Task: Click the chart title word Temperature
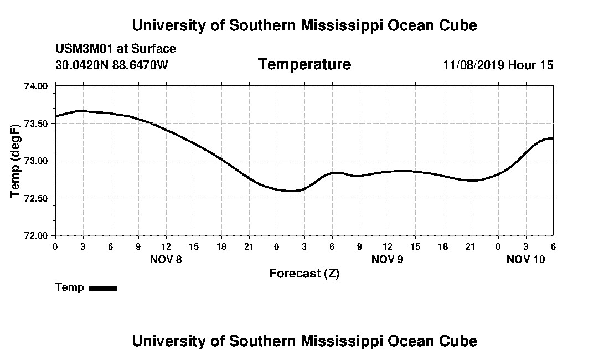pos(304,65)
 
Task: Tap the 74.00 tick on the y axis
pos(37,86)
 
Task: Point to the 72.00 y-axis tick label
pos(37,235)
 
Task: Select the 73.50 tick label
pos(37,124)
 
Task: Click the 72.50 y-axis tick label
pos(37,198)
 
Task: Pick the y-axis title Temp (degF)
pos(16,161)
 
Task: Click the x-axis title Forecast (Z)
pos(304,274)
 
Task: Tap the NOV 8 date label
pos(166,259)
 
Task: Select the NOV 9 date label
pos(387,259)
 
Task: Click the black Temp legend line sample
pos(103,288)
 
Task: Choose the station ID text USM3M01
pos(84,49)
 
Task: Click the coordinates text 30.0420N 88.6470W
pos(112,65)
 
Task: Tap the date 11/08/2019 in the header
pos(473,65)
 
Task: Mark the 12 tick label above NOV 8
pos(166,246)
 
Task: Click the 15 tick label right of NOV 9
pos(415,246)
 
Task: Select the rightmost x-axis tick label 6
pos(553,246)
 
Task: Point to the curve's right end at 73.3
pos(553,138)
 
